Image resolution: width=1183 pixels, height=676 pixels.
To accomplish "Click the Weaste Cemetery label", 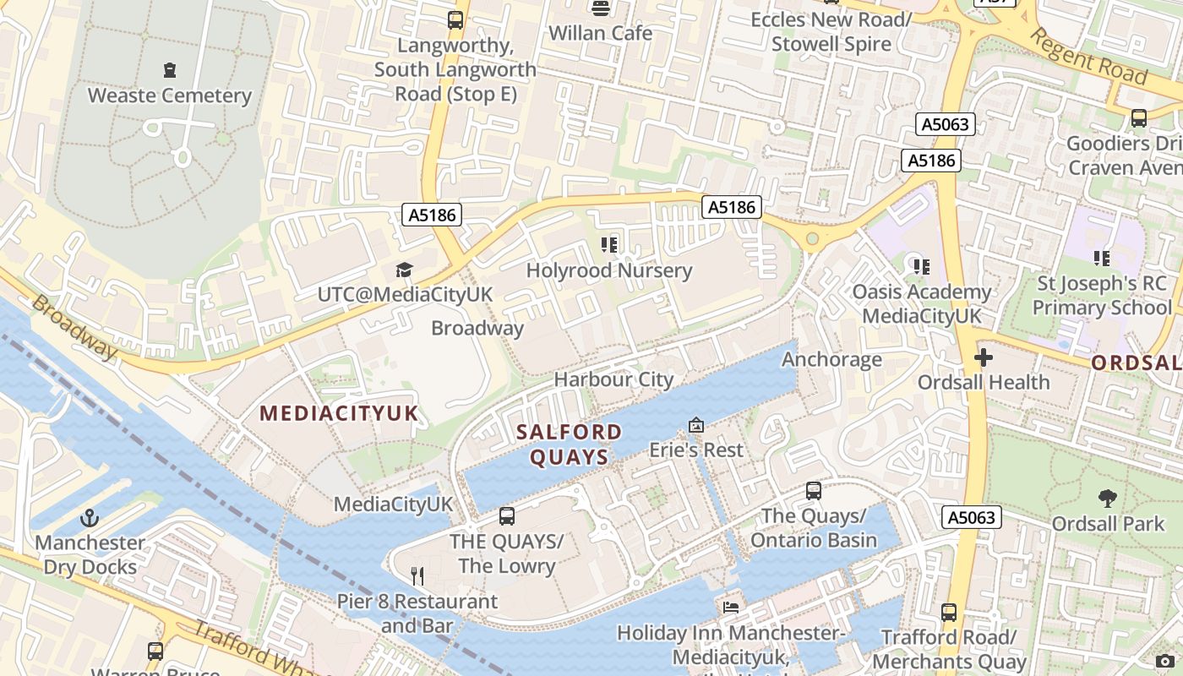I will coord(170,95).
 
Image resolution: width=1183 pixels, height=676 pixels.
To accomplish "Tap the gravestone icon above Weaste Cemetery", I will coord(170,70).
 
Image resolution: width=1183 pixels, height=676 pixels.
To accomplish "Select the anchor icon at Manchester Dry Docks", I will coord(90,518).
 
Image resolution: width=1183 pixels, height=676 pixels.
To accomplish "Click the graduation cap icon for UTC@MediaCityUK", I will coord(404,270).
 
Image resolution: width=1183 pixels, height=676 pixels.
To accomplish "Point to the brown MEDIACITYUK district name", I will coord(339,413).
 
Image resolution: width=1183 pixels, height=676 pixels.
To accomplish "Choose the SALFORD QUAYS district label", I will coord(569,444).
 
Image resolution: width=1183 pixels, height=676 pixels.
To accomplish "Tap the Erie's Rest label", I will coord(695,450).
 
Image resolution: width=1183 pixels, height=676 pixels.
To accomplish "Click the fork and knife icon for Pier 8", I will coord(417,576).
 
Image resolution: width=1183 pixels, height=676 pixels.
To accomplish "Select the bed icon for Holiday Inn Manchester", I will coord(730,608).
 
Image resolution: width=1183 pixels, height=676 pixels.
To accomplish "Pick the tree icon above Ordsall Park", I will coord(1107,499).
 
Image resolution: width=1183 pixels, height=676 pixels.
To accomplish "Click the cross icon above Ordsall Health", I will coord(984,357).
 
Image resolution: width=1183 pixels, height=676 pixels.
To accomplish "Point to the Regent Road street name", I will coord(1090,57).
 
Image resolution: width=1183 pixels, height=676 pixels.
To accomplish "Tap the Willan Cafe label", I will coord(600,33).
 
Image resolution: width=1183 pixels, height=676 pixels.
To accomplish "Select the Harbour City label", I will coord(613,379).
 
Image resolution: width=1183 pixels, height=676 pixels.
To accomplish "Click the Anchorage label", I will coord(831,359).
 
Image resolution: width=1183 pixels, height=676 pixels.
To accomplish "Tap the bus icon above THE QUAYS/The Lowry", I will coord(507,515).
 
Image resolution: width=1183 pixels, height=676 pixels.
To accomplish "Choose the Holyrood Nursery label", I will coord(608,270).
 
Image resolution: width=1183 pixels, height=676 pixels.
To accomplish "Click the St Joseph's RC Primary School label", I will coord(1102,295).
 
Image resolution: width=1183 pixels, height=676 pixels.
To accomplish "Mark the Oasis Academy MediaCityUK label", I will coord(921,303).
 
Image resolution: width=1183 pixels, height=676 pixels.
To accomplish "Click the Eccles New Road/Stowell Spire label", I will coord(831,31).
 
